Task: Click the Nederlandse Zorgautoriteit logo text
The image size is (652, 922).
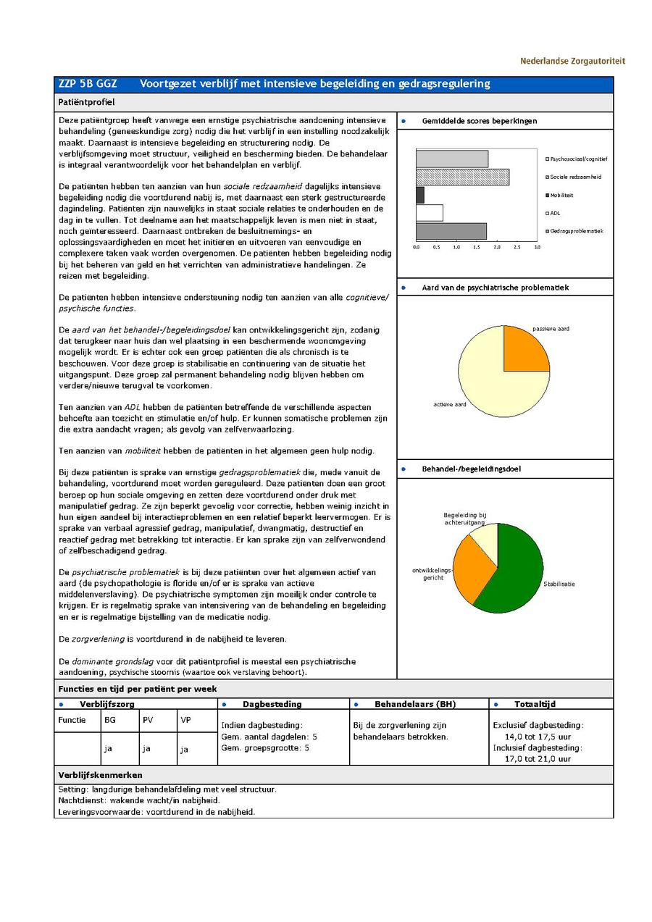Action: (572, 62)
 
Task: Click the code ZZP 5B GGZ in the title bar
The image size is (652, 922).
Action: (88, 84)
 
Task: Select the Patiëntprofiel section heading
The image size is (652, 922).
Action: (86, 103)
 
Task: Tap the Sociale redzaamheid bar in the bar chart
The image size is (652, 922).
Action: (462, 177)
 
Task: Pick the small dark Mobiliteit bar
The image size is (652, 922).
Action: (420, 195)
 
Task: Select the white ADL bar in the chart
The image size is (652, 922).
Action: (430, 213)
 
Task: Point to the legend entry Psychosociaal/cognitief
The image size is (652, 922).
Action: (578, 159)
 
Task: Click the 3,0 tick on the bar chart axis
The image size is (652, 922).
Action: (537, 247)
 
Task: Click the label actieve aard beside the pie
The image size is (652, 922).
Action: (450, 404)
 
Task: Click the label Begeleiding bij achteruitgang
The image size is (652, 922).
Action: (464, 519)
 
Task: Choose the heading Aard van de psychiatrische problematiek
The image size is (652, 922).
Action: (496, 288)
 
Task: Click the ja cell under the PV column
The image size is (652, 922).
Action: (146, 749)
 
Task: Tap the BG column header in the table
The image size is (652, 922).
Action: (110, 720)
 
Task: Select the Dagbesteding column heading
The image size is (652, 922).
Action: (272, 704)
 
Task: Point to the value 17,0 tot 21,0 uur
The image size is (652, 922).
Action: (538, 759)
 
